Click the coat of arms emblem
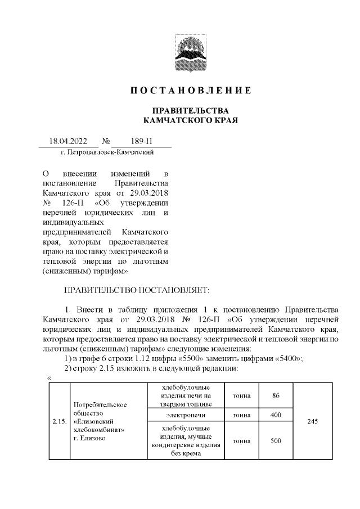click(190, 52)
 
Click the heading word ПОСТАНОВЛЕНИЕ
click(190, 91)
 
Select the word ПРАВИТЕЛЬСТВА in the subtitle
click(190, 110)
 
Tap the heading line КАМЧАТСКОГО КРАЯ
click(190, 120)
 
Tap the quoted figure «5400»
click(286, 359)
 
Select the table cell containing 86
click(276, 395)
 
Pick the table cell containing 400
click(276, 415)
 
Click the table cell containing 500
click(276, 440)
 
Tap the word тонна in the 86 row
click(241, 395)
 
